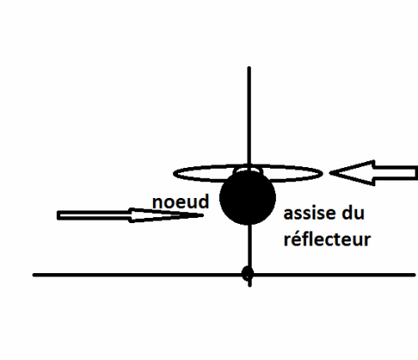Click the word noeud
[181, 201]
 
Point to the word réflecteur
[327, 239]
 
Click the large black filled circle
[247, 197]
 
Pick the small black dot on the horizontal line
[247, 273]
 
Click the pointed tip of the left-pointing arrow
[329, 173]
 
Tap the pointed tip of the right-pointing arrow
[203, 215]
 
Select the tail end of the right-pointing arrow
[58, 215]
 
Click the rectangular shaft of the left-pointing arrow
[395, 173]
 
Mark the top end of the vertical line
[249, 68]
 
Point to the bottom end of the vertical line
[250, 286]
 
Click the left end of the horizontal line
[33, 275]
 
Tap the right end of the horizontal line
[415, 275]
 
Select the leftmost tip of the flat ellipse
[174, 174]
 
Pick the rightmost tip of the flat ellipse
[323, 174]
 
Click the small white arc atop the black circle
[248, 169]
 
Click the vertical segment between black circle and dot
[250, 246]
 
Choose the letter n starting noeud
[157, 204]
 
